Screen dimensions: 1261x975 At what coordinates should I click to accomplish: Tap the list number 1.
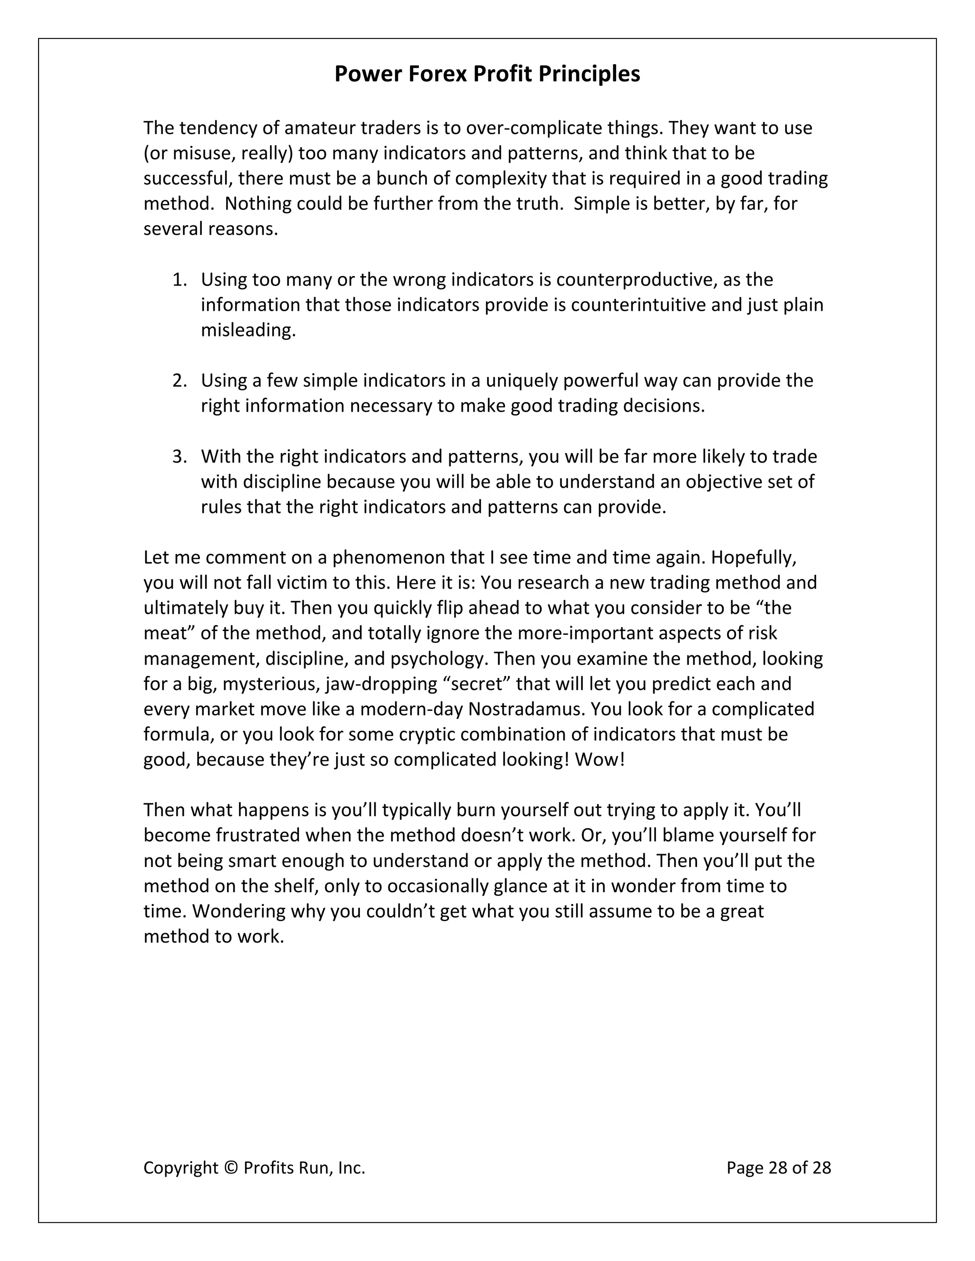tap(179, 280)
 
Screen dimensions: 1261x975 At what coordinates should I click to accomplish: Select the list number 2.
tap(179, 381)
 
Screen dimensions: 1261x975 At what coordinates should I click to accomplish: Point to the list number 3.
tap(179, 457)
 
